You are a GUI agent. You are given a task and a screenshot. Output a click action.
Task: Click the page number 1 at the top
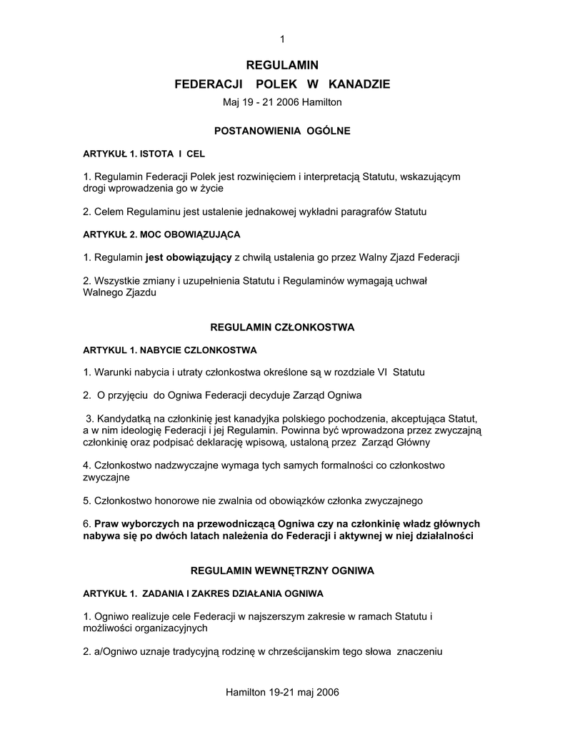pyautogui.click(x=282, y=38)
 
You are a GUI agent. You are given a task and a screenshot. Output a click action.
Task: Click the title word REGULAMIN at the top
pyautogui.click(x=282, y=65)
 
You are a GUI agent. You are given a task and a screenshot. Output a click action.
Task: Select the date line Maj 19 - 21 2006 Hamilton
pyautogui.click(x=282, y=102)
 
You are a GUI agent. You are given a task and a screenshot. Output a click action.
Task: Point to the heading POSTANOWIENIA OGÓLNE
pyautogui.click(x=282, y=132)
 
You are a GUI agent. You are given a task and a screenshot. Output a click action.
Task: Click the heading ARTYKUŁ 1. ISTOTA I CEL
pyautogui.click(x=144, y=154)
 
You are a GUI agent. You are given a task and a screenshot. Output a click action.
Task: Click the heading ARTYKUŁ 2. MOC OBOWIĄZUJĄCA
pyautogui.click(x=162, y=234)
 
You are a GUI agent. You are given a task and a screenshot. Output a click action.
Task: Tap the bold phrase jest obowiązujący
pyautogui.click(x=188, y=257)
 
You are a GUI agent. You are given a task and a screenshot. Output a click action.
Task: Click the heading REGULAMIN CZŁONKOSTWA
pyautogui.click(x=282, y=327)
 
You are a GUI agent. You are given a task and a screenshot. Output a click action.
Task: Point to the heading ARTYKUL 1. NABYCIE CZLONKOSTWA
pyautogui.click(x=170, y=350)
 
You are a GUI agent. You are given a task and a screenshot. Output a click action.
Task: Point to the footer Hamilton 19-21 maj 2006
pyautogui.click(x=282, y=693)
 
